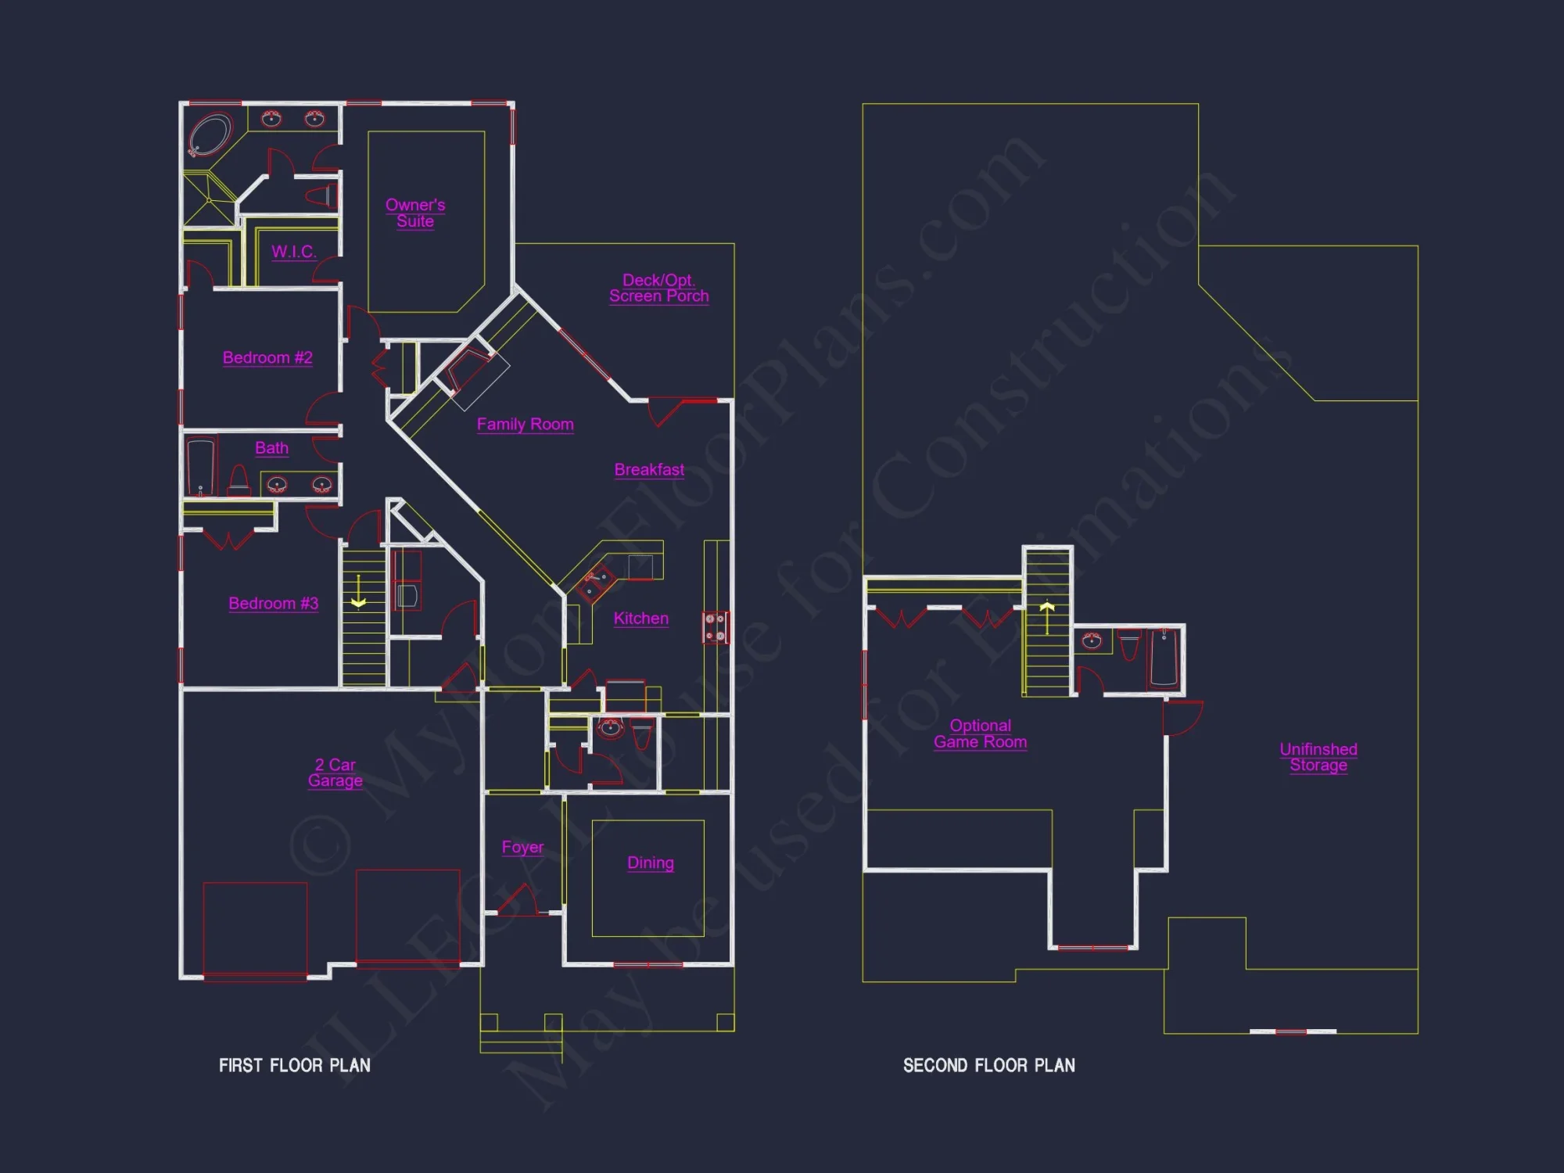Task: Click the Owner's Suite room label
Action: coord(415,213)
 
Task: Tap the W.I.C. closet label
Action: coord(293,252)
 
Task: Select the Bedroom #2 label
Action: coord(267,358)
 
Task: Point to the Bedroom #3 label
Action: coord(273,604)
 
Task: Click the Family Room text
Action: coord(525,425)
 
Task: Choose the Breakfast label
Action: coord(649,470)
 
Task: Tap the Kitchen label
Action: coord(640,619)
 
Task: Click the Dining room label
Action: coord(650,863)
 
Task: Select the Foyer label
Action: coord(522,848)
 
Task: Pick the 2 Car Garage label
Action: coord(335,773)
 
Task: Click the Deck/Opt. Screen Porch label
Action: coord(658,288)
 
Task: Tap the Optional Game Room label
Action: coord(980,734)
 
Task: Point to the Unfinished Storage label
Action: coord(1318,757)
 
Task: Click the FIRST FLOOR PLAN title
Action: coord(295,1065)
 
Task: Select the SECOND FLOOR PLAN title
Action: coord(988,1065)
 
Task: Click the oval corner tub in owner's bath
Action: coord(210,135)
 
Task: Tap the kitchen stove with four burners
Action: coord(715,627)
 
